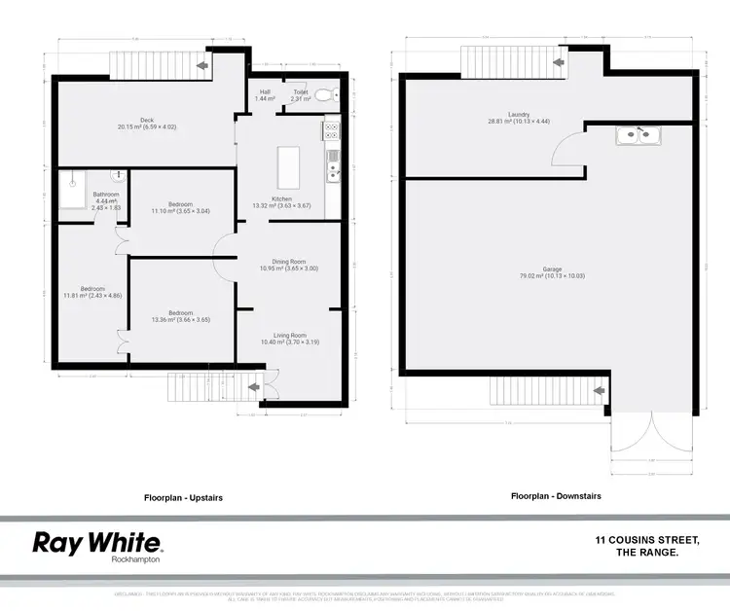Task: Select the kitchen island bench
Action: tap(289, 167)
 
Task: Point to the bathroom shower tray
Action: tap(72, 191)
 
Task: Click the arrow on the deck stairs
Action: tap(203, 65)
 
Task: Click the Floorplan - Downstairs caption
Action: tap(556, 495)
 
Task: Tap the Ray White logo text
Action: tap(97, 542)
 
